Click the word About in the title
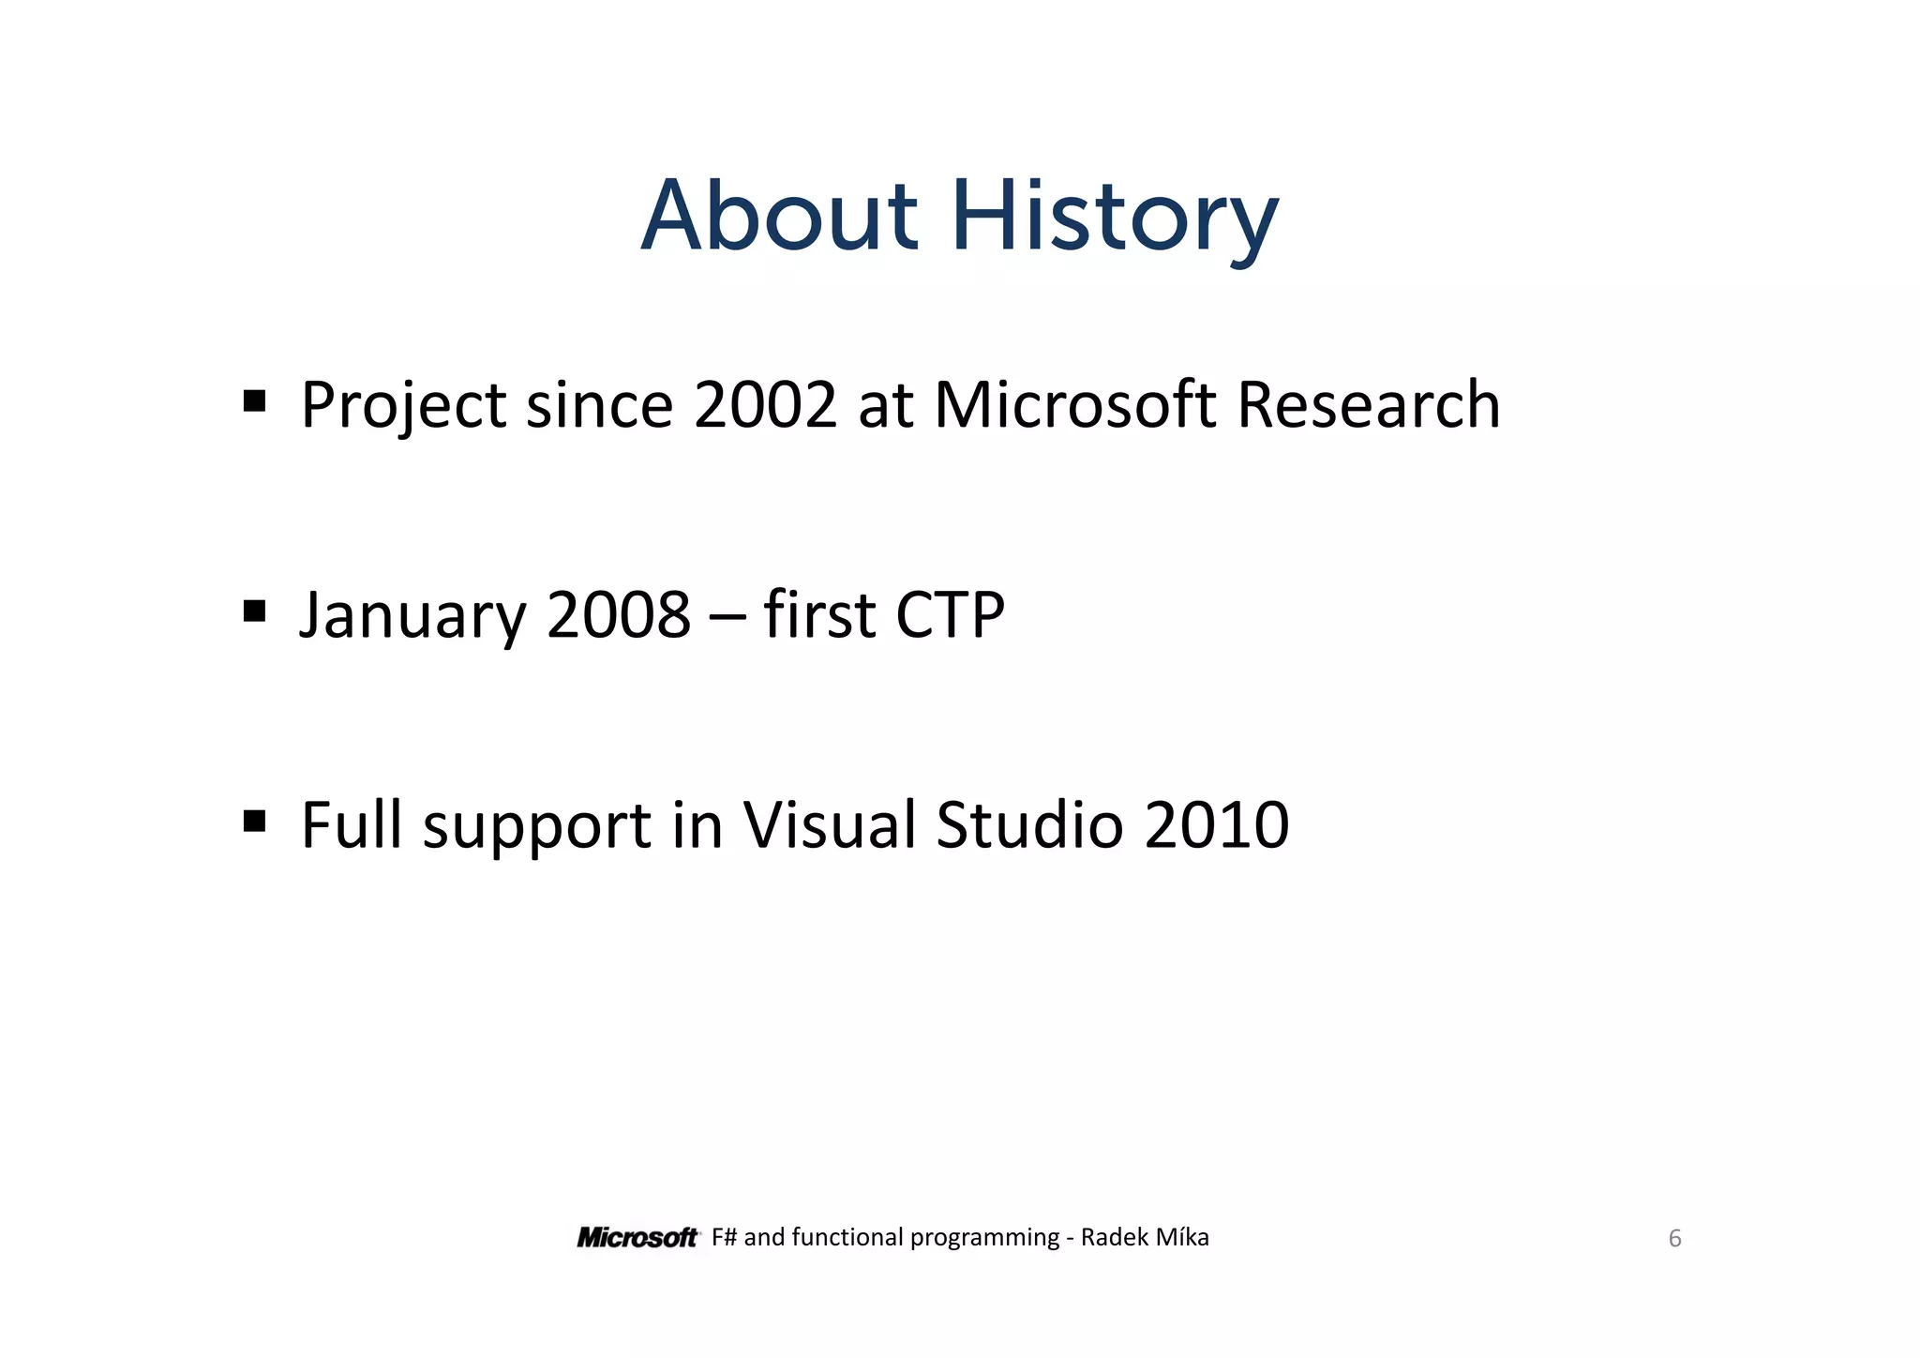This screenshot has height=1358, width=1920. point(778,218)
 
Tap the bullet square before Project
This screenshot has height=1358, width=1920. point(254,401)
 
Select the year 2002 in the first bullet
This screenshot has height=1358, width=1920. point(764,405)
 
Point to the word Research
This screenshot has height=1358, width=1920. point(1368,405)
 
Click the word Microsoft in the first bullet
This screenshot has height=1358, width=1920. point(1074,405)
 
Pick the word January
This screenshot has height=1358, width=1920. point(412,616)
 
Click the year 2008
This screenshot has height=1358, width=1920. point(618,615)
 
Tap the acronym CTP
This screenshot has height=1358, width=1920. point(950,615)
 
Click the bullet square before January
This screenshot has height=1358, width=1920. point(254,611)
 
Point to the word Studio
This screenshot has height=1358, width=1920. point(1028,825)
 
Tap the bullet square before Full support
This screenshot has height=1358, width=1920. point(254,822)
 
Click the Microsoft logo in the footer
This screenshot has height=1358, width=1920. point(637,1238)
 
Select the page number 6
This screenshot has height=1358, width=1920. point(1674,1239)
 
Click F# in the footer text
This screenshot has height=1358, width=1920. point(724,1238)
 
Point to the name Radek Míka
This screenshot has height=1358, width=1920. point(1145,1238)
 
